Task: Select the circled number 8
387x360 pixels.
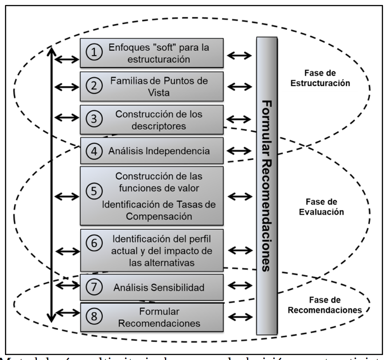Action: (94, 318)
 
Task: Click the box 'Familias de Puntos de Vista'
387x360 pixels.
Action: (152, 86)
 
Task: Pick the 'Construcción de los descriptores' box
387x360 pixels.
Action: (152, 119)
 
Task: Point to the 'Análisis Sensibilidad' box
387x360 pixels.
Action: (152, 287)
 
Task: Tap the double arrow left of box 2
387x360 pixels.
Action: (66, 86)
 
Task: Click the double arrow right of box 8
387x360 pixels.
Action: (240, 317)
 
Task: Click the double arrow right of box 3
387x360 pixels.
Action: (240, 119)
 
